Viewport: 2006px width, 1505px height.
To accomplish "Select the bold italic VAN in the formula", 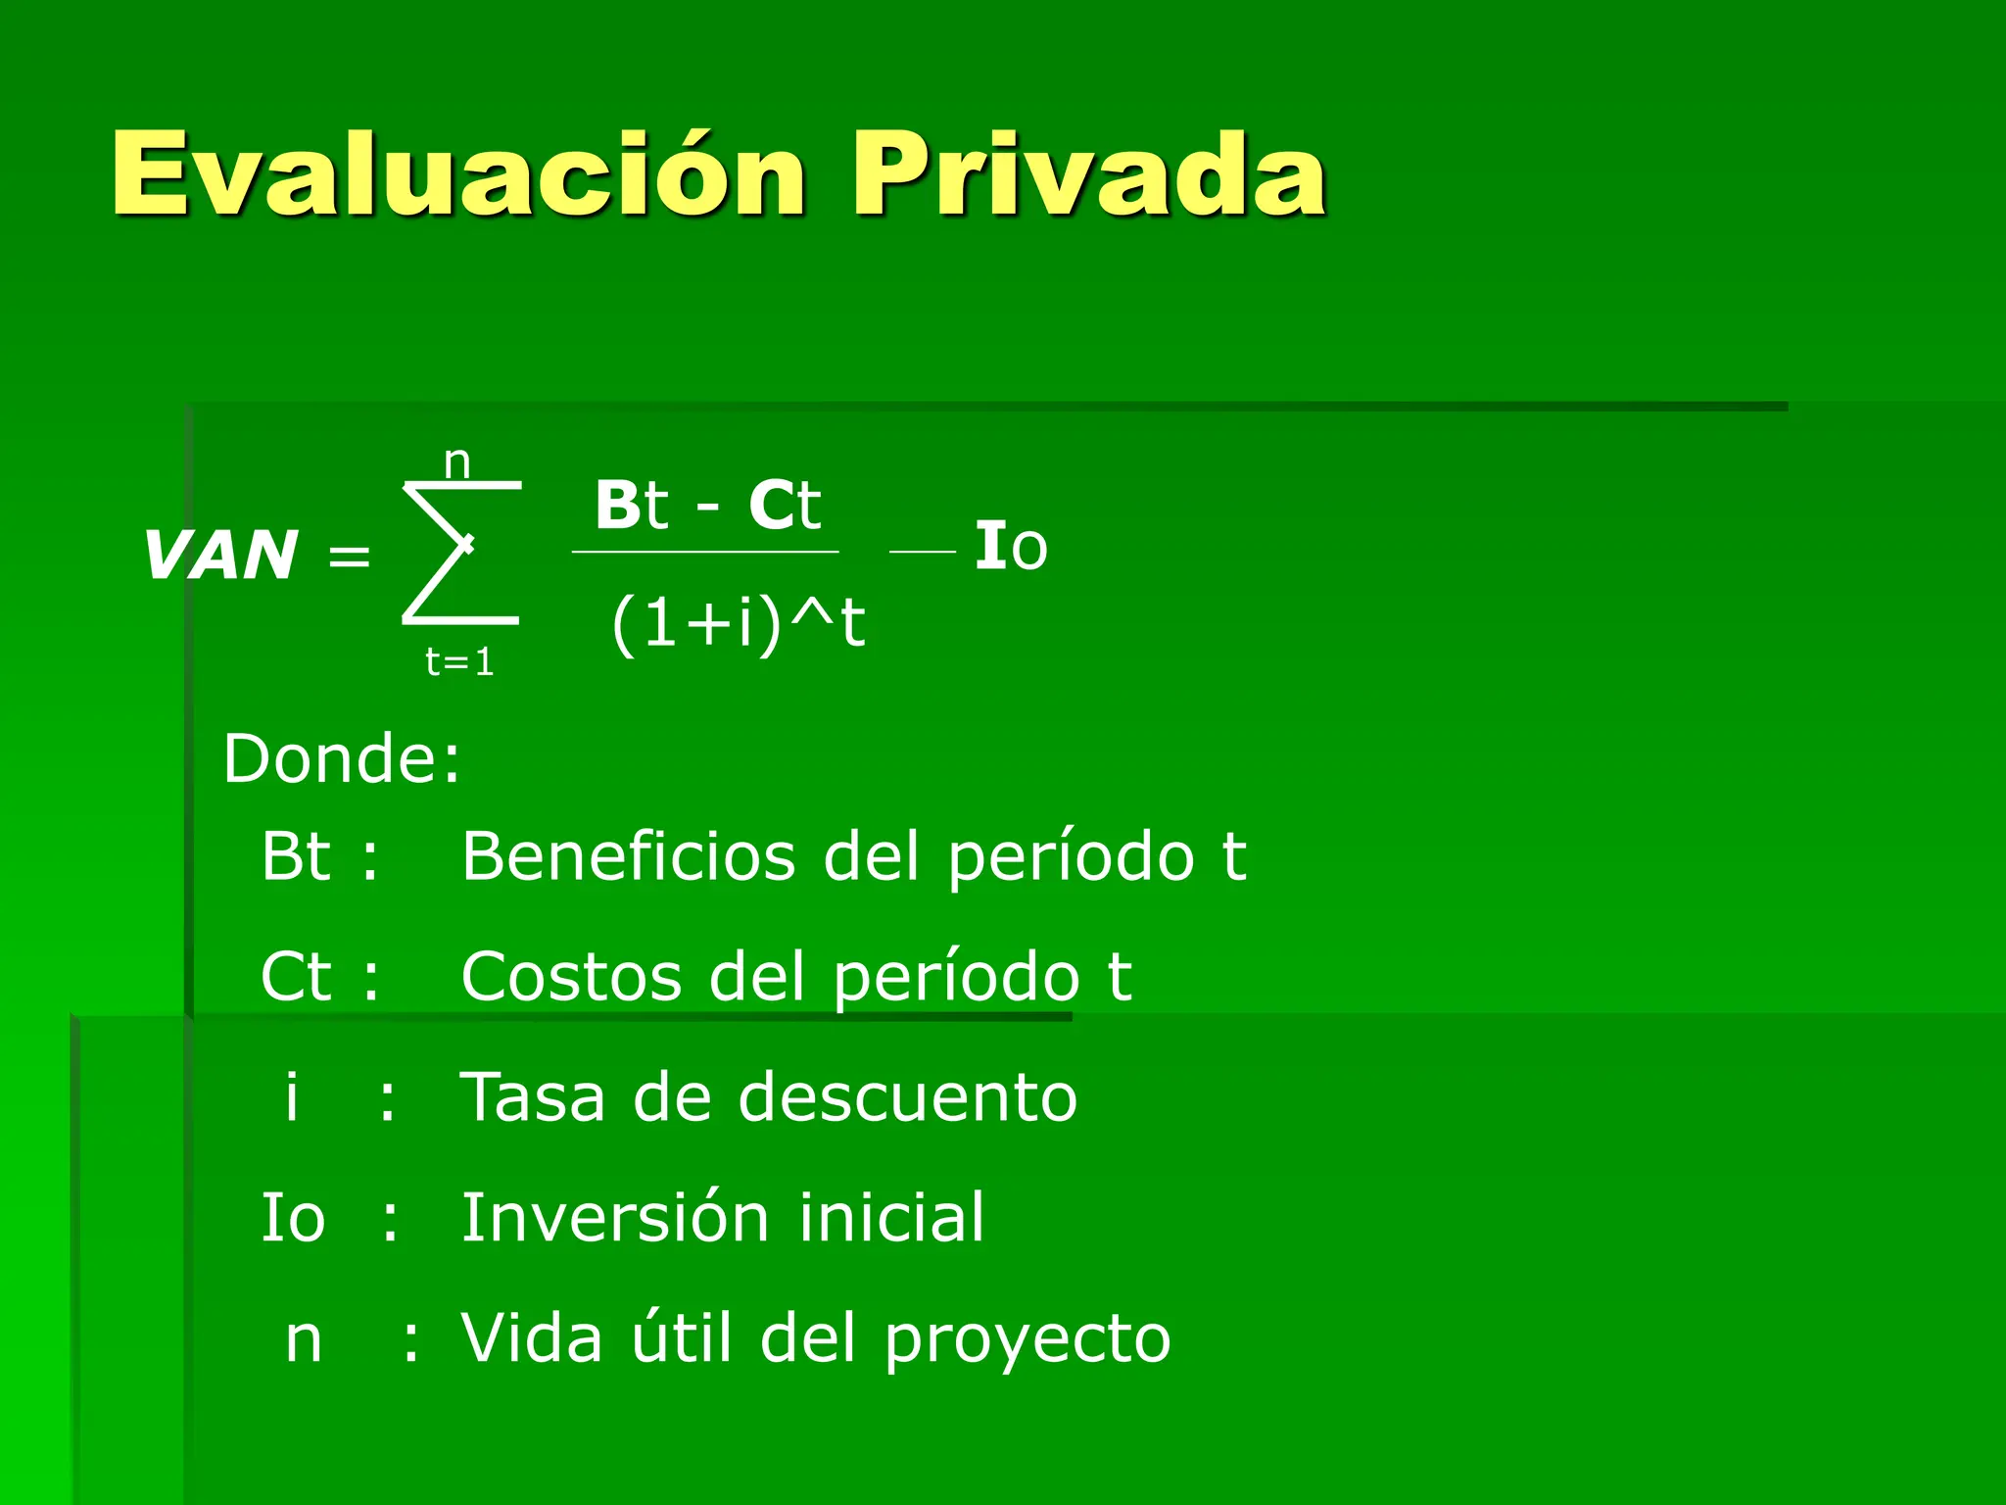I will pyautogui.click(x=221, y=556).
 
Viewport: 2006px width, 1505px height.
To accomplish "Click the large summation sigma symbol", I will pyautogui.click(x=460, y=552).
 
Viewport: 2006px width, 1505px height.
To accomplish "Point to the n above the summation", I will pyautogui.click(x=457, y=461).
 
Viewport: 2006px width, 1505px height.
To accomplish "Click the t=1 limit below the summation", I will pyautogui.click(x=459, y=662).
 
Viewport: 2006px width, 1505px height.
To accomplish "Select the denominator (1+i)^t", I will pyautogui.click(x=739, y=622).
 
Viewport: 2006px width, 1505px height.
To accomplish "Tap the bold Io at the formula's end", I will pyautogui.click(x=1011, y=547).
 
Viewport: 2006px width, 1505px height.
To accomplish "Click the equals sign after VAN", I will pyautogui.click(x=349, y=558).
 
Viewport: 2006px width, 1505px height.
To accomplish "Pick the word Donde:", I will pyautogui.click(x=342, y=758).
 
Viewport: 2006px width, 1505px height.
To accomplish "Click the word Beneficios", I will pyautogui.click(x=628, y=856).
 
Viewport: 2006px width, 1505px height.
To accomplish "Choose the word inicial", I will pyautogui.click(x=891, y=1217).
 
